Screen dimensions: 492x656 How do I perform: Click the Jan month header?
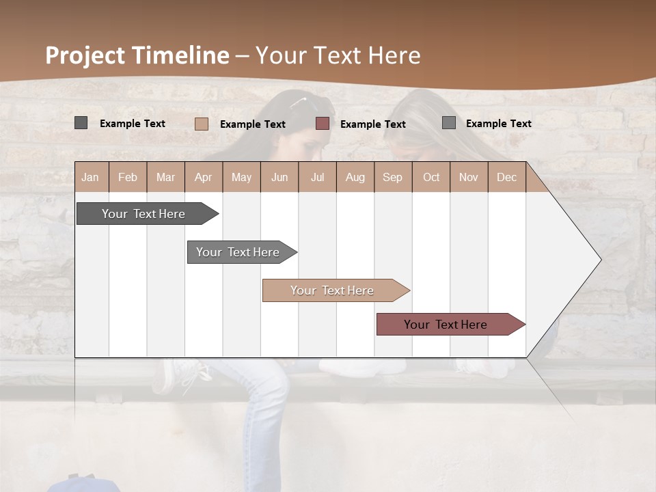coord(90,178)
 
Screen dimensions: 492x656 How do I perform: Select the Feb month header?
coord(128,178)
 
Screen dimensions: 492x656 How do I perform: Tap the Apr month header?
coord(204,178)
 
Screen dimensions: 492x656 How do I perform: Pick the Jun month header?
coord(279,178)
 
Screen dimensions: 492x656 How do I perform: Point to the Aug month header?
coord(355,178)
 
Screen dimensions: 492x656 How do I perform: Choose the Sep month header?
coord(393,178)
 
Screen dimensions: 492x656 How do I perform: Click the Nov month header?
coord(469,178)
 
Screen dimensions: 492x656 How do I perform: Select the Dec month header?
coord(507,178)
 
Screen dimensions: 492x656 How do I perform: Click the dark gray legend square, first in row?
coord(81,123)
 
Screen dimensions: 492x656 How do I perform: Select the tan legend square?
coord(202,124)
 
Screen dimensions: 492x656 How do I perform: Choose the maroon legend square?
coord(323,124)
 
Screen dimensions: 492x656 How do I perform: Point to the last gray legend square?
coord(449,123)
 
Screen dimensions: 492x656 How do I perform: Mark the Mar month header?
coord(166,178)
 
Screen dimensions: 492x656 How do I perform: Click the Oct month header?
coord(431,178)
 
